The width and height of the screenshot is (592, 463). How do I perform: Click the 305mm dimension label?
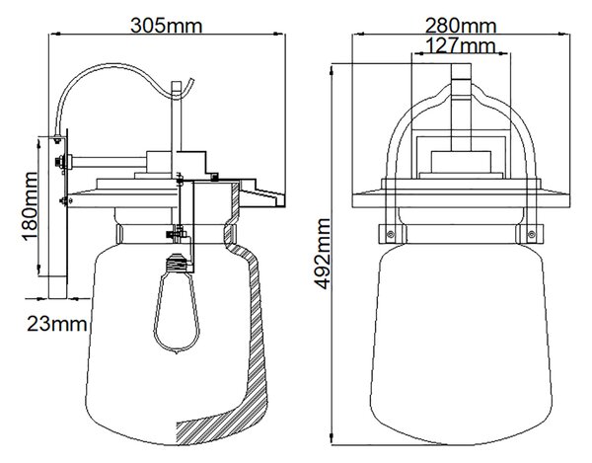coord(167,26)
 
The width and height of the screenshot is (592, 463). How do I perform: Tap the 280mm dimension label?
coord(461,26)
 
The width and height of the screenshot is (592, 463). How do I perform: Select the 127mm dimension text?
coord(460,45)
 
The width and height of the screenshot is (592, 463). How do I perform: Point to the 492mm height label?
coord(323,254)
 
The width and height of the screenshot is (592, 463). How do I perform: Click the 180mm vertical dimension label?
coord(30,206)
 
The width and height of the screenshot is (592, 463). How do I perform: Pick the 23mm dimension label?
coord(56,324)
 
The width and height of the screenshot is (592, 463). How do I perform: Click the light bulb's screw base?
coord(177,263)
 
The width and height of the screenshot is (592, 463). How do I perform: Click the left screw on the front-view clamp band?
coord(391,234)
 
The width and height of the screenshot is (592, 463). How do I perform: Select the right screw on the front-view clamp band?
coord(531,234)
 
